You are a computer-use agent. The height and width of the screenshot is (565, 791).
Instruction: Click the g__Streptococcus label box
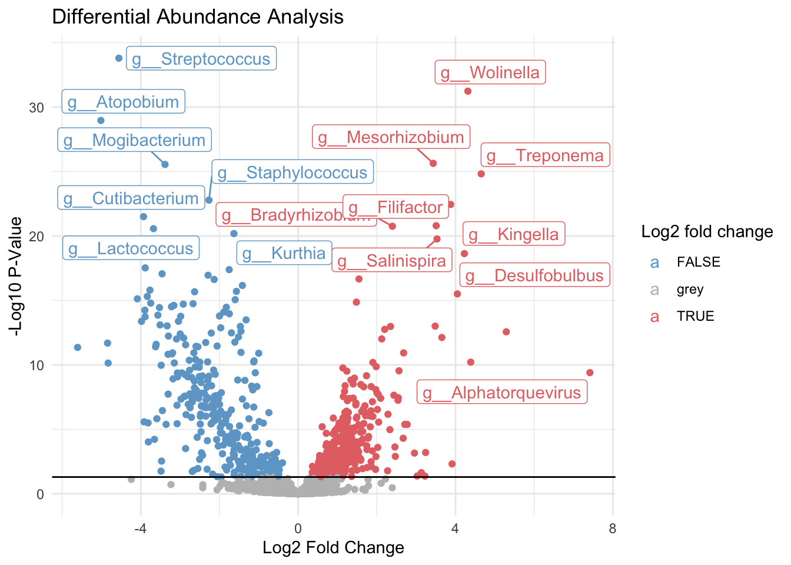[201, 59]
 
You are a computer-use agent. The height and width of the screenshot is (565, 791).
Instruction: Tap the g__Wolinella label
[490, 72]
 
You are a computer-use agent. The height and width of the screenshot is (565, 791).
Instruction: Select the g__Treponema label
[545, 155]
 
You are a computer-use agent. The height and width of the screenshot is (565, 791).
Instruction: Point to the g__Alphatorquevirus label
[502, 393]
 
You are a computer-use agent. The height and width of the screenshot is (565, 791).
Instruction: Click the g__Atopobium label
[124, 102]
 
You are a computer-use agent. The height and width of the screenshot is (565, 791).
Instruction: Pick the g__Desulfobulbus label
[535, 275]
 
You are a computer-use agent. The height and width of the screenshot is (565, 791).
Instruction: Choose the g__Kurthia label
[284, 253]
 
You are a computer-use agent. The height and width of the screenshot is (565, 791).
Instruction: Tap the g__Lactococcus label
[131, 248]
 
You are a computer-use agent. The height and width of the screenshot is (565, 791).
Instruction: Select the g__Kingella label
[514, 234]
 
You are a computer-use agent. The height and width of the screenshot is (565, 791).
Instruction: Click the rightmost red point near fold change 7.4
[590, 373]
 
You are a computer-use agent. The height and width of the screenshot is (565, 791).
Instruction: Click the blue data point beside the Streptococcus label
[119, 58]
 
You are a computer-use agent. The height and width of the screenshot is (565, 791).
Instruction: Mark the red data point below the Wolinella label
[468, 91]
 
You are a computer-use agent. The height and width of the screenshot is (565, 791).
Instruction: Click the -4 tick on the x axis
[140, 529]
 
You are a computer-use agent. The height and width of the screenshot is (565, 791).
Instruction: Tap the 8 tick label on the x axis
[613, 529]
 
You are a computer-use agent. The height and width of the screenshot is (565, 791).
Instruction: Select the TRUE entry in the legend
[695, 316]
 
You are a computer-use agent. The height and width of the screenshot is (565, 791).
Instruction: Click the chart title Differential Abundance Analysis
[198, 16]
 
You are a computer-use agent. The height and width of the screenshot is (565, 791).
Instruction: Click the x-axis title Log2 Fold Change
[333, 548]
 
